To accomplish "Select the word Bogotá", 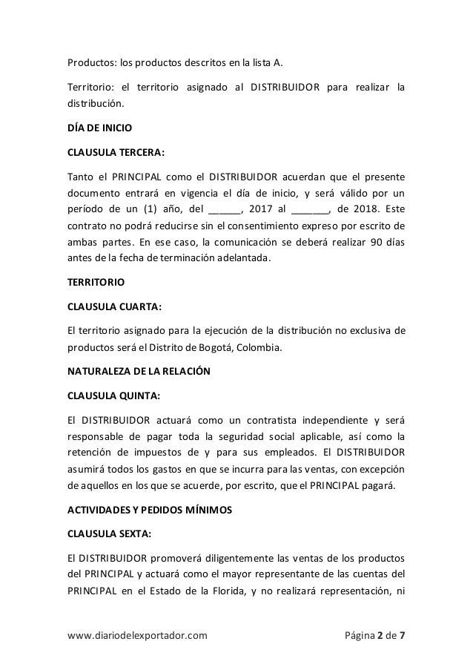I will (x=259, y=345).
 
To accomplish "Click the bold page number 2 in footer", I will (x=382, y=636).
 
